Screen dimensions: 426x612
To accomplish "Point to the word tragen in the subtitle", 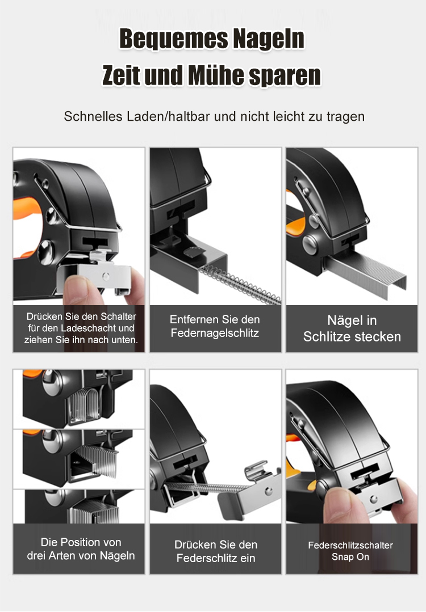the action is [x=345, y=117].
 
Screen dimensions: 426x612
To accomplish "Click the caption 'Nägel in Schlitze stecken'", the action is [x=352, y=328].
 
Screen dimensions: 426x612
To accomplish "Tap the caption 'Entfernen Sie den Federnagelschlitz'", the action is [x=215, y=326].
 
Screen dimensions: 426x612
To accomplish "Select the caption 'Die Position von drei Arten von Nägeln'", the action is [x=81, y=549].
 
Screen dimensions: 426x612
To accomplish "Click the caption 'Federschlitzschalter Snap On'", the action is [x=350, y=551].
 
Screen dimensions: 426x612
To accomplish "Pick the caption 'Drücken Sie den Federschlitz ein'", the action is [x=216, y=551].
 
